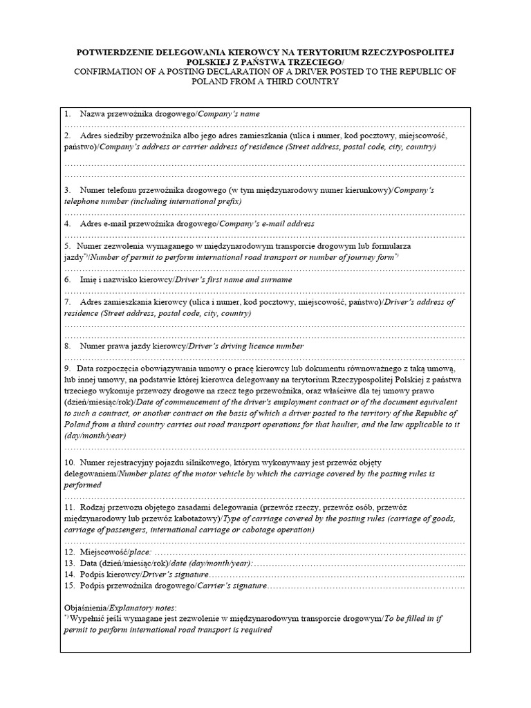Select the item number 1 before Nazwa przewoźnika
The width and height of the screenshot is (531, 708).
point(67,113)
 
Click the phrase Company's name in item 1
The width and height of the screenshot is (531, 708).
point(229,113)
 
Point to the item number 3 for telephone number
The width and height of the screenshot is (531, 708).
point(67,189)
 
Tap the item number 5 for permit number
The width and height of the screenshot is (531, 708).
point(67,245)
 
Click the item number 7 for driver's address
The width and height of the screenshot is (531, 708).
point(67,302)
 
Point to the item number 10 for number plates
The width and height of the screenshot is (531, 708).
point(69,460)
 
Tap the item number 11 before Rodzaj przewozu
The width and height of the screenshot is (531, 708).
point(69,507)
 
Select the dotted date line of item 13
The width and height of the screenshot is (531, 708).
point(360,564)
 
